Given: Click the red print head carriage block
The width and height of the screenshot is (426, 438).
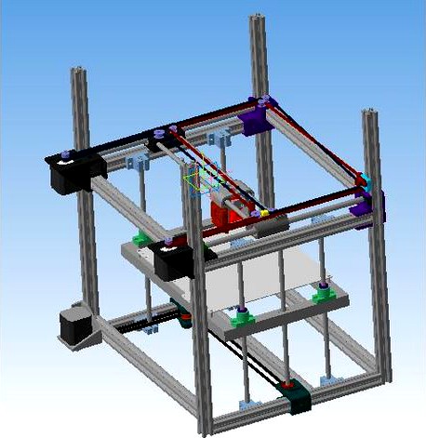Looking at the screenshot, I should [224, 212].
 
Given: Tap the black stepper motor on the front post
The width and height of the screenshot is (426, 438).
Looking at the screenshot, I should [174, 261].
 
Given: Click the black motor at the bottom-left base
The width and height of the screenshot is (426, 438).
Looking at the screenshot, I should [73, 326].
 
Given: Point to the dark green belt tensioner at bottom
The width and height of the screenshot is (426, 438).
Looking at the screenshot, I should [300, 400].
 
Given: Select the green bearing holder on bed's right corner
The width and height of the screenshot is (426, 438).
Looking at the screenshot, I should [323, 294].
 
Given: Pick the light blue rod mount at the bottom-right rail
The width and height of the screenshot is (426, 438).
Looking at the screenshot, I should [328, 380].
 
